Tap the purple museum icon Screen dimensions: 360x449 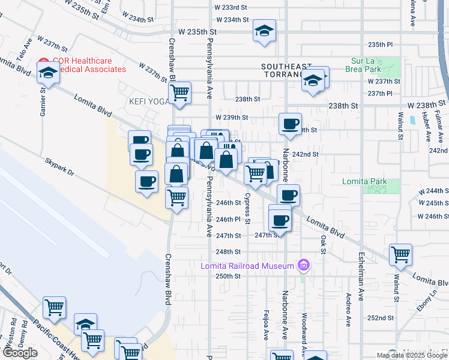pyautogui.click(x=304, y=265)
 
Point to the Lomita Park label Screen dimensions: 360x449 pyautogui.click(x=363, y=181)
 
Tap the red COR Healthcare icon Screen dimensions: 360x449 pyautogui.click(x=43, y=61)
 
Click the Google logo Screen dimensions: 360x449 pyautogui.click(x=20, y=353)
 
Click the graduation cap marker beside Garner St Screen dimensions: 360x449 pyautogui.click(x=48, y=74)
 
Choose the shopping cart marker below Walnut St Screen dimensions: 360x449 pyautogui.click(x=400, y=254)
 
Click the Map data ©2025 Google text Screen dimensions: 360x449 pyautogui.click(x=412, y=355)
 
